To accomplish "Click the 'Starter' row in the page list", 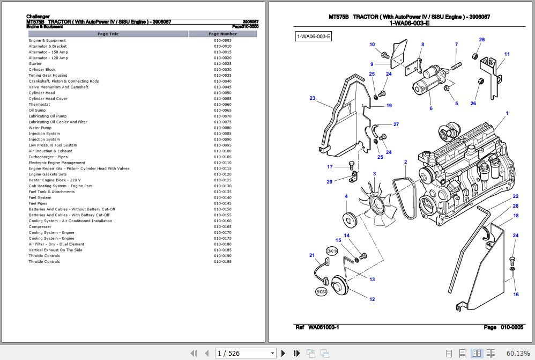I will tap(35, 64).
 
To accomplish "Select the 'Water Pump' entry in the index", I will tap(40, 128).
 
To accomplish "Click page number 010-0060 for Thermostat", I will tap(222, 105).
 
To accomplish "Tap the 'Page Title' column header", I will tap(108, 34).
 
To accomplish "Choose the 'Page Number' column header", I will tap(222, 34).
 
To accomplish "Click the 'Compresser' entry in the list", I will tap(40, 227).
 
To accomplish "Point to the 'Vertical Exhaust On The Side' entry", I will tap(56, 250).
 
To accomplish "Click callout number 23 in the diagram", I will tap(313, 98).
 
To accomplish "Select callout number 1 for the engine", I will tap(507, 113).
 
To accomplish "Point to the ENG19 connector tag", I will tap(332, 251).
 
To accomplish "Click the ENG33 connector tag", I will tap(321, 292).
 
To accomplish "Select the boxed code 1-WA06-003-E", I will tap(314, 36).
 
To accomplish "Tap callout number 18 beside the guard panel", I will tap(516, 216).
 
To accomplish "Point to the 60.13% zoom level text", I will tap(518, 353).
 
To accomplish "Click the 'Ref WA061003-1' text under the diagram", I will tap(317, 327).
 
